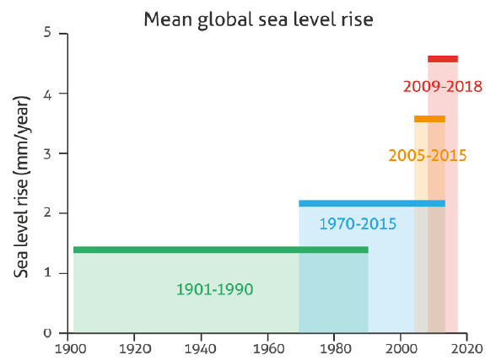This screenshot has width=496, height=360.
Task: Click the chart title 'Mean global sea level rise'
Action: [258, 20]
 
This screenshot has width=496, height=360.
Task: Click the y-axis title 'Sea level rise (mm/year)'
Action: [22, 186]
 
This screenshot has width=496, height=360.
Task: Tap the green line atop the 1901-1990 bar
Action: [221, 250]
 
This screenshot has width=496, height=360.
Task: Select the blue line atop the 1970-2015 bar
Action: [372, 203]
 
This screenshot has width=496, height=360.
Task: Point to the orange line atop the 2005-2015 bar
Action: [429, 119]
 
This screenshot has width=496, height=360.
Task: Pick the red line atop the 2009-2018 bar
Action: [443, 59]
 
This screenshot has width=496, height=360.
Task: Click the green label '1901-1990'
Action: [215, 289]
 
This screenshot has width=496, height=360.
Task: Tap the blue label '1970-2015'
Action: [358, 223]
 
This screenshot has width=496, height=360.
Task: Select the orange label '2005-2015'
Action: [428, 155]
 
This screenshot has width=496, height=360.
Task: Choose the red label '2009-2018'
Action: [443, 86]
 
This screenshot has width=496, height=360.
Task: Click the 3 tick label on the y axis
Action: [47, 153]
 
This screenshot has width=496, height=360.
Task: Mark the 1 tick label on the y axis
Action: [48, 273]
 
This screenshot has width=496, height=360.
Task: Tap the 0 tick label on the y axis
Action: [47, 332]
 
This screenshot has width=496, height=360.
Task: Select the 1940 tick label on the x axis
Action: [200, 349]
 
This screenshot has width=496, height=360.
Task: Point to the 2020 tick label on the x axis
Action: [466, 349]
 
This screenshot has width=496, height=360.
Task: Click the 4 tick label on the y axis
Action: [47, 94]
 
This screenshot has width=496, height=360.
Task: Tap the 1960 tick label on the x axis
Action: [269, 349]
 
